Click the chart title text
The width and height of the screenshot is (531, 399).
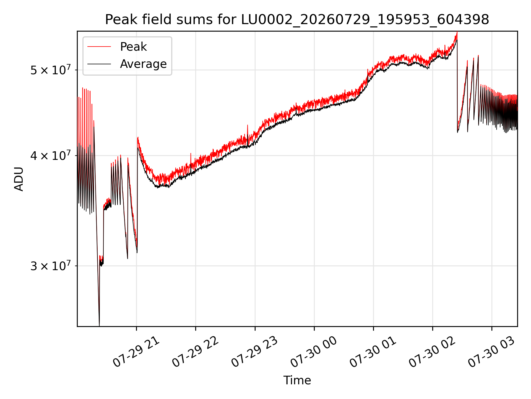[x=297, y=20]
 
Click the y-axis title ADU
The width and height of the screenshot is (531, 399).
[x=19, y=179]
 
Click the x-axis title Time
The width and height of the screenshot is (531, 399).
[x=297, y=380]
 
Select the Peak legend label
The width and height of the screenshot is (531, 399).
[x=133, y=47]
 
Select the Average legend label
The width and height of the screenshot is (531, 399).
[x=143, y=64]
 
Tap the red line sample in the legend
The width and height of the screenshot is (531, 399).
[x=99, y=47]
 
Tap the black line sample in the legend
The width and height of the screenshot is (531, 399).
[x=99, y=64]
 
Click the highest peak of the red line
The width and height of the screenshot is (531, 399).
[x=457, y=32]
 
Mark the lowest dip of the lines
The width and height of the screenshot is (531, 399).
[x=99, y=325]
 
